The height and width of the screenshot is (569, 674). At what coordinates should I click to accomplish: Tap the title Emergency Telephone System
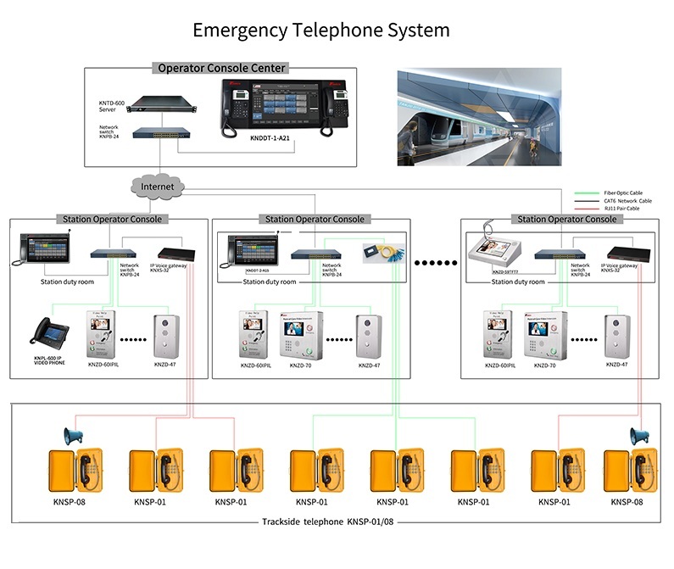(x=321, y=31)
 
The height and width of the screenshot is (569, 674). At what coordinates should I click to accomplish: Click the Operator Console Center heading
(x=222, y=68)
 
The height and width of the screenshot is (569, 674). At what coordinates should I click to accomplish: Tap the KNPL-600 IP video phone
(x=50, y=337)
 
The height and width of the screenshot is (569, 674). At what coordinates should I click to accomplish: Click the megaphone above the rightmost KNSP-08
(x=638, y=436)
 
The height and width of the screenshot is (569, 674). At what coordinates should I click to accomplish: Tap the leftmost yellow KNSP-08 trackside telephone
(x=69, y=471)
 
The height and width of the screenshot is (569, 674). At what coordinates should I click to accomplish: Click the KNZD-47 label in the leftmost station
(x=166, y=364)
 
